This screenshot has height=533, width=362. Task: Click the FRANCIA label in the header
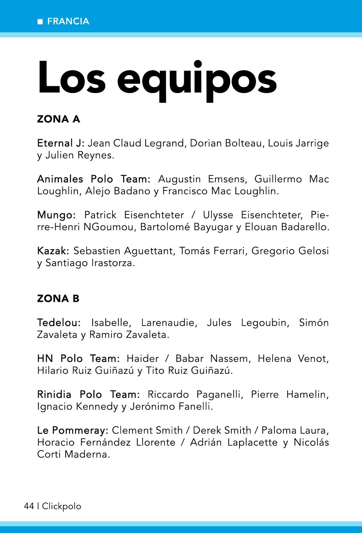tap(68, 21)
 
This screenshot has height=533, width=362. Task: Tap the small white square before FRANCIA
tap(40, 22)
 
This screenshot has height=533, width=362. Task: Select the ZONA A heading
tap(58, 119)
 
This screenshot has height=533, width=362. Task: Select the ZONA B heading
tap(58, 299)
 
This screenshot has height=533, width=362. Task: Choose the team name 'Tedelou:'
tap(59, 323)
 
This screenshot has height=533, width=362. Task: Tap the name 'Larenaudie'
tap(168, 323)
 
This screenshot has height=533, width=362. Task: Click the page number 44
tap(29, 506)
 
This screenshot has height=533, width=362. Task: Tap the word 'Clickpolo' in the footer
tap(62, 506)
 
